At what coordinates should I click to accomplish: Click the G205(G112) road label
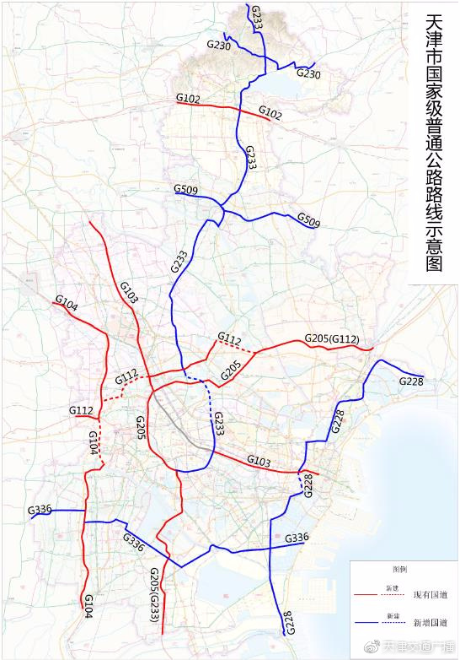click(x=332, y=339)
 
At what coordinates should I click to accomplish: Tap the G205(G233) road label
click(x=155, y=595)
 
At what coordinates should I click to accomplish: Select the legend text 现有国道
click(x=430, y=595)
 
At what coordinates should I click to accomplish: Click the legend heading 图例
click(x=399, y=570)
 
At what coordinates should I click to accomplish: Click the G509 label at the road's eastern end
click(x=308, y=220)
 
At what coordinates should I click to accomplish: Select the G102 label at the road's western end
click(x=188, y=100)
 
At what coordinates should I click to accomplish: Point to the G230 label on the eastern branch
click(x=308, y=74)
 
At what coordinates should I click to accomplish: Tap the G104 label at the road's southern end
click(x=87, y=606)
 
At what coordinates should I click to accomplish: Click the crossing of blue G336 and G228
click(x=270, y=549)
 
